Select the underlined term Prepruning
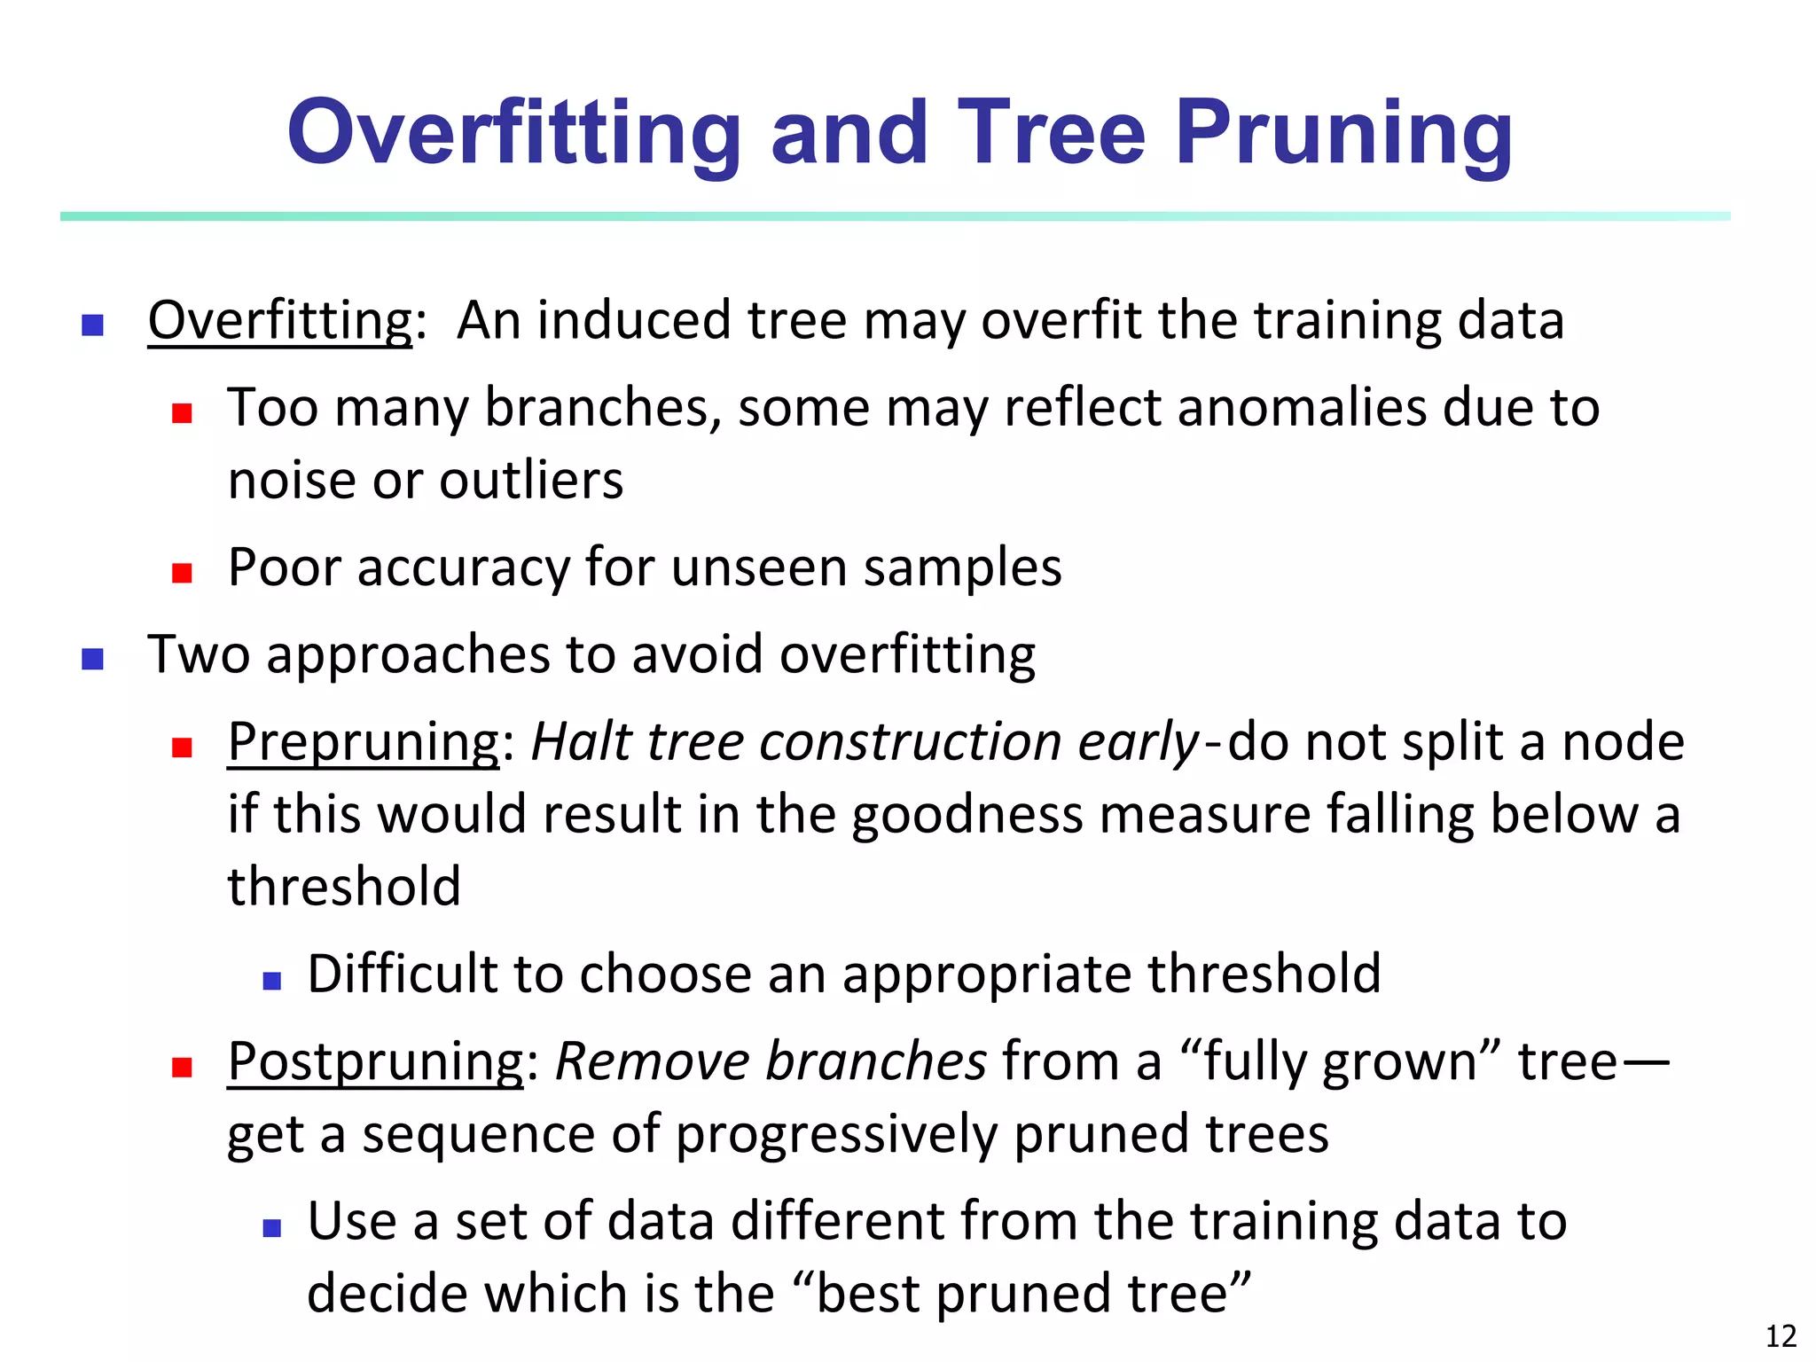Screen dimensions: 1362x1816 364,742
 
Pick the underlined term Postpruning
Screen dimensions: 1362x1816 376,1061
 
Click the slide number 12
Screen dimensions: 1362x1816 1781,1335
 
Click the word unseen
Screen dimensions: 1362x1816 759,567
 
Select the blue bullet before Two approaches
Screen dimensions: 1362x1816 93,659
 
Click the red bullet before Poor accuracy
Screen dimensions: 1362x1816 183,573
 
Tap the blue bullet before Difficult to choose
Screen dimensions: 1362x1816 272,981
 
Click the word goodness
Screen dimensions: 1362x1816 967,815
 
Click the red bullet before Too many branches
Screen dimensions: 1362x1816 183,413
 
